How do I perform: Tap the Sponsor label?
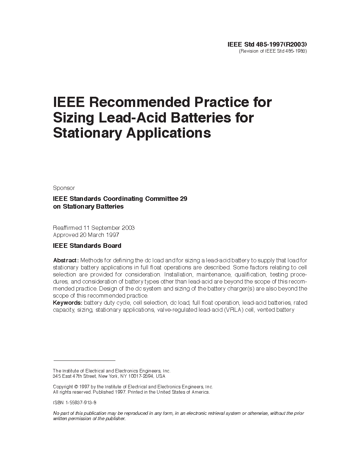[x=64, y=188]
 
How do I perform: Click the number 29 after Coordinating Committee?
[x=184, y=199]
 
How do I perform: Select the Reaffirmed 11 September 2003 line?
[x=94, y=228]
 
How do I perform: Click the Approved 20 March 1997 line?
[x=86, y=235]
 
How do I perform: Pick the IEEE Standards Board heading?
[x=87, y=246]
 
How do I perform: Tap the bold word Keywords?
[x=67, y=303]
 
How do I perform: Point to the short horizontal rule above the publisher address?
[x=84, y=360]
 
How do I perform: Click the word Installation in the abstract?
[x=178, y=275]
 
